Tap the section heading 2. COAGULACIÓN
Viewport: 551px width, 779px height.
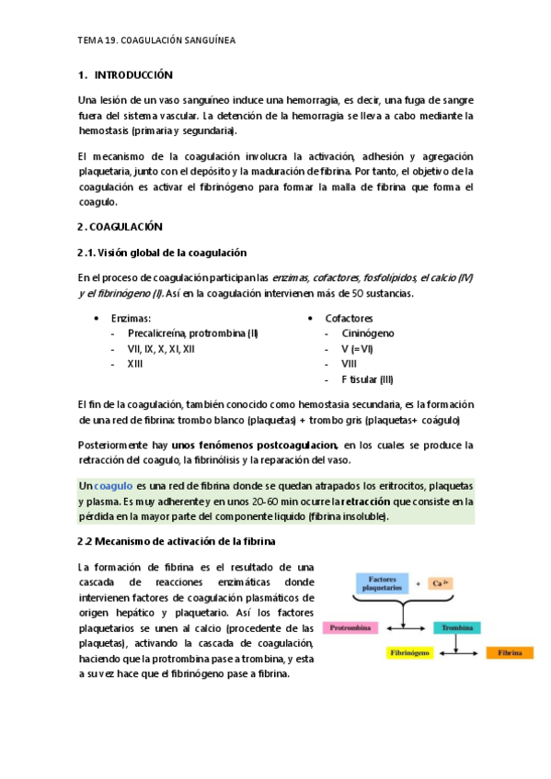(120, 226)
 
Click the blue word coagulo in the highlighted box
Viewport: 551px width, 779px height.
(114, 485)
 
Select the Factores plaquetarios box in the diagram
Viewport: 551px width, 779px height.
(382, 583)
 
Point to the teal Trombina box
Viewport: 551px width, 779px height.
(457, 628)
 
